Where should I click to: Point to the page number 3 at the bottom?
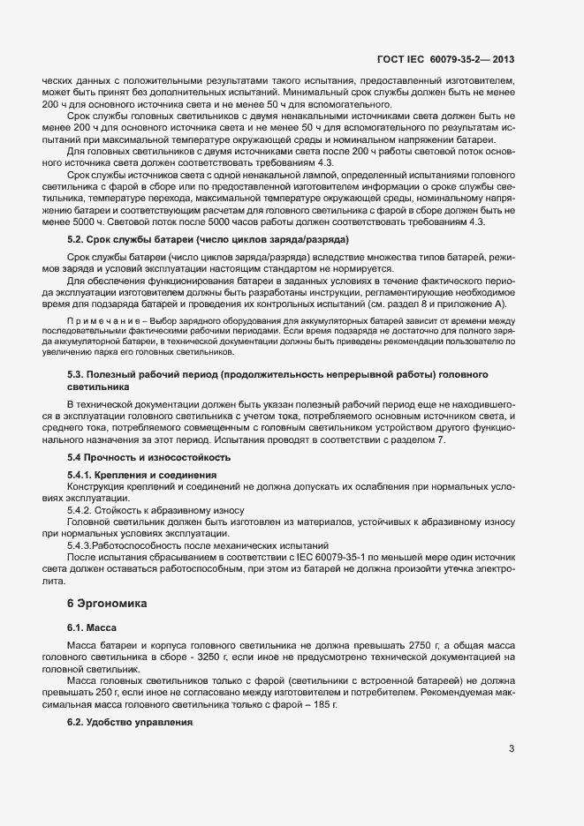tap(512, 750)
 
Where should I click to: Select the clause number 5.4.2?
tap(82, 511)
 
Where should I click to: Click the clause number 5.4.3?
tap(83, 545)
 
